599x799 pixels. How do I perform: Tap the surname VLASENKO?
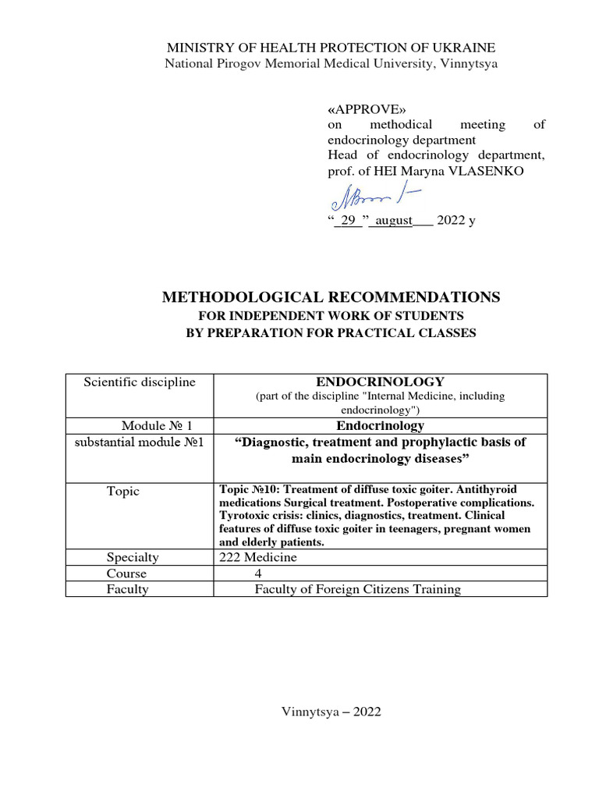click(x=494, y=171)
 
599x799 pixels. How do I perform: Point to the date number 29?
click(x=348, y=220)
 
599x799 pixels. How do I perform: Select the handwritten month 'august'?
click(x=390, y=220)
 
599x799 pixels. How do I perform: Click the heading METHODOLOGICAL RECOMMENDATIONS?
click(x=330, y=297)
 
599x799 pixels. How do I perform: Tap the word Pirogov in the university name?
click(x=239, y=63)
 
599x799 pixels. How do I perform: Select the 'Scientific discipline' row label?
click(x=140, y=382)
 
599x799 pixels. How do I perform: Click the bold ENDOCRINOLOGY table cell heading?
click(x=380, y=382)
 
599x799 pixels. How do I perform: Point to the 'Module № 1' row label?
click(x=157, y=425)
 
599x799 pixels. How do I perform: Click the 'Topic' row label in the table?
click(x=123, y=491)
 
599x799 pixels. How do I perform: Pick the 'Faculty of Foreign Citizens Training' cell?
click(x=357, y=589)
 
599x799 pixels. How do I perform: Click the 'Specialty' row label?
click(x=133, y=557)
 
